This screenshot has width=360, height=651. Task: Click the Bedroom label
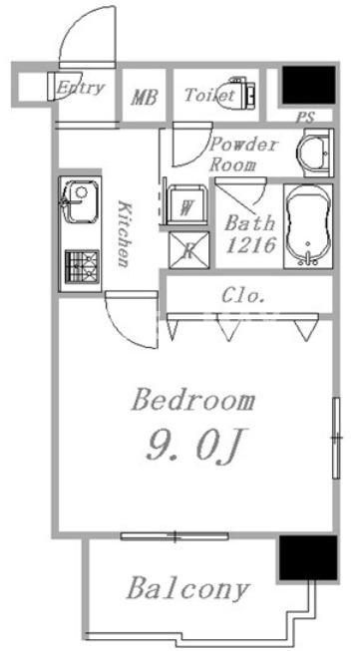193,401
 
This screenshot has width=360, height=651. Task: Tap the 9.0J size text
193,445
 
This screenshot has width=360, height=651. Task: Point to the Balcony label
188,589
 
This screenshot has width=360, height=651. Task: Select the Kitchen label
125,233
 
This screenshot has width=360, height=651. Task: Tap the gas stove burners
82,266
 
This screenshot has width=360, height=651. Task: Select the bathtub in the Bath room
308,225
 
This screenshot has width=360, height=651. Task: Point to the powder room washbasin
318,153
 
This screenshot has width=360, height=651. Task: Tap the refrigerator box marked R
188,250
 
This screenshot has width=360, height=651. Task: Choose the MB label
144,97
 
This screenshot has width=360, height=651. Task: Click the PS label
305,118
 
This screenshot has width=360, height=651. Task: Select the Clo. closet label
243,296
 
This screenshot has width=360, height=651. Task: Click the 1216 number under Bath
250,245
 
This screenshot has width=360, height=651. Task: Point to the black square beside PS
308,85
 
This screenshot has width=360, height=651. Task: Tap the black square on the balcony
308,557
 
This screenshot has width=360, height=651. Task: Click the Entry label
80,88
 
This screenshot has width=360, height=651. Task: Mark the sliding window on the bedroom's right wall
336,438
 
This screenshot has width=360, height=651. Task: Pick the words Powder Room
243,155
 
